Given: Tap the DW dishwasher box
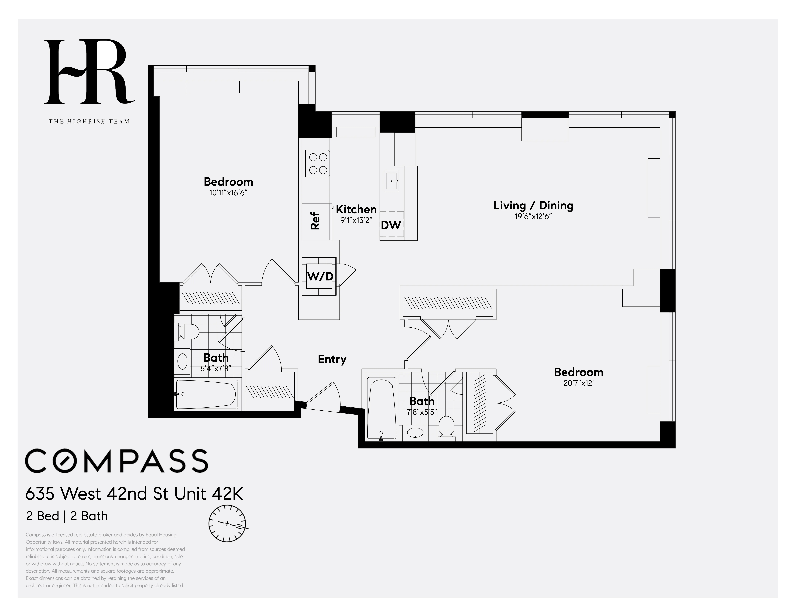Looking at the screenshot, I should tap(391, 225).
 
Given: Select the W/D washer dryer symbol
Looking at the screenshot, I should tap(320, 276).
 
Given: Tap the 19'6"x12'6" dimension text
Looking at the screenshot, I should tap(533, 216).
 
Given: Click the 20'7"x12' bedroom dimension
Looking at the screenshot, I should tap(578, 383).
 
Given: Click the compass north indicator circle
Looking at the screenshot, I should tap(227, 524).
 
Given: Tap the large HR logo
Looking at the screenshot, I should tap(89, 72).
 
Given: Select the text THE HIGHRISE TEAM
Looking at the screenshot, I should tap(89, 122).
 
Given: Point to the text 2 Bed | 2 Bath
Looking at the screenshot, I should tap(67, 516).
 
